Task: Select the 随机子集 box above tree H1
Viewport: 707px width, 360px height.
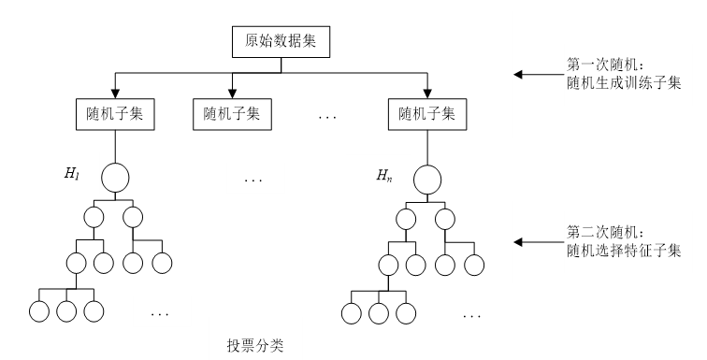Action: point(114,116)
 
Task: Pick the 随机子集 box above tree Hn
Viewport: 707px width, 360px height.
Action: point(427,116)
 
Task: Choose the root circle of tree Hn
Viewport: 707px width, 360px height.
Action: point(427,178)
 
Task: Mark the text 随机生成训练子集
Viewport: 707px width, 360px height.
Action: point(618,83)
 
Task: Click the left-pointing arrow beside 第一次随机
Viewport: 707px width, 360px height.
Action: point(535,74)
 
